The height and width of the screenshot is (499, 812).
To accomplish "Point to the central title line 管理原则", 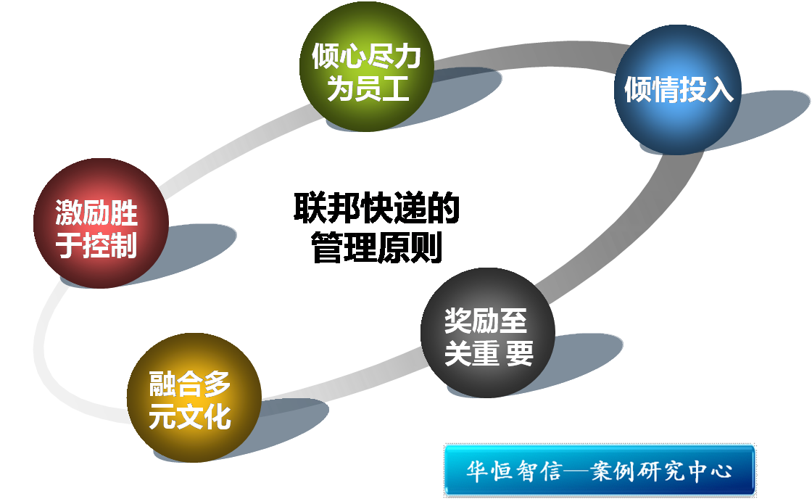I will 376,249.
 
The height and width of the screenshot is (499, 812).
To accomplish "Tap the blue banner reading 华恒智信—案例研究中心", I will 600,471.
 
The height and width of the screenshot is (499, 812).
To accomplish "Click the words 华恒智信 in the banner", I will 514,471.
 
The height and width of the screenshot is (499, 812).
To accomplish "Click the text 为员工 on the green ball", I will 368,88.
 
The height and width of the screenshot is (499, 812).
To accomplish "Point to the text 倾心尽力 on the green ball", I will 367,57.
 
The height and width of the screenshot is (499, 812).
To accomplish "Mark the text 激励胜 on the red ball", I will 96,214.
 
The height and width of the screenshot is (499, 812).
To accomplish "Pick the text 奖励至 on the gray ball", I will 486,321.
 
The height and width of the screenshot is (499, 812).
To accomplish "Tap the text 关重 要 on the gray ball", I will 489,354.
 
